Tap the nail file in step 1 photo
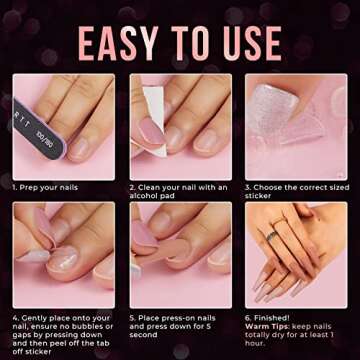(39, 131)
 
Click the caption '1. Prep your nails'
(46, 187)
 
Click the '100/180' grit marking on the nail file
(46, 132)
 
